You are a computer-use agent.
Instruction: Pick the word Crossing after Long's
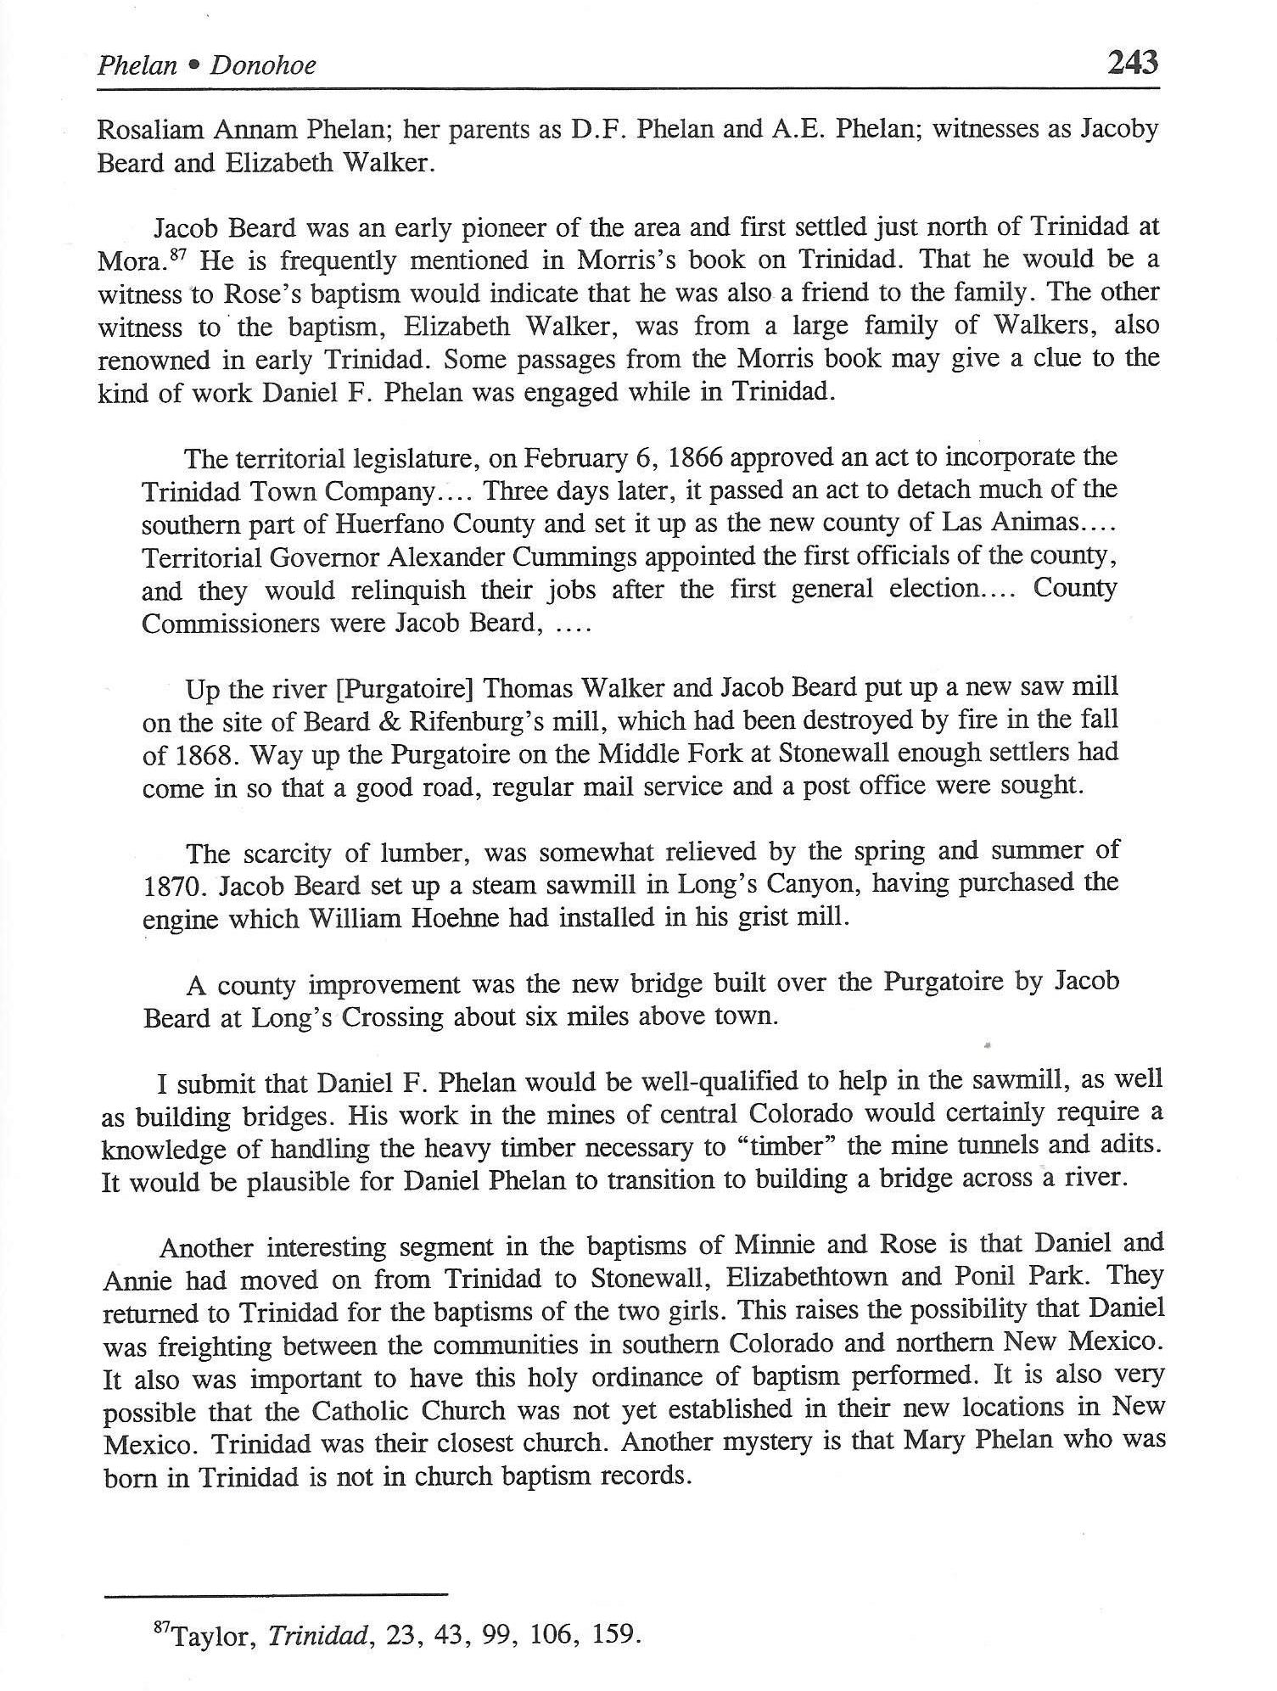point(393,1016)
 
